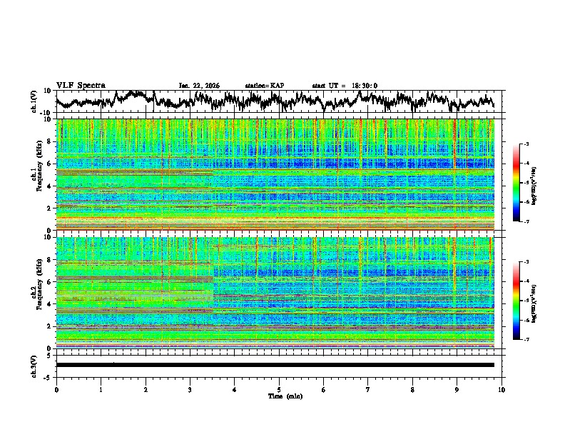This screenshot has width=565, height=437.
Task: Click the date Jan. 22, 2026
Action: coord(199,86)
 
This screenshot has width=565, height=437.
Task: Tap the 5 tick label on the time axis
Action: coord(279,388)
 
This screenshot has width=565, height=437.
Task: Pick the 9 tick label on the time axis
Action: coord(457,388)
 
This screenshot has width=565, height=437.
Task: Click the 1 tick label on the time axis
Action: coord(101,388)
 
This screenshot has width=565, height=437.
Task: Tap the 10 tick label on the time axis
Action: coord(502,388)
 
